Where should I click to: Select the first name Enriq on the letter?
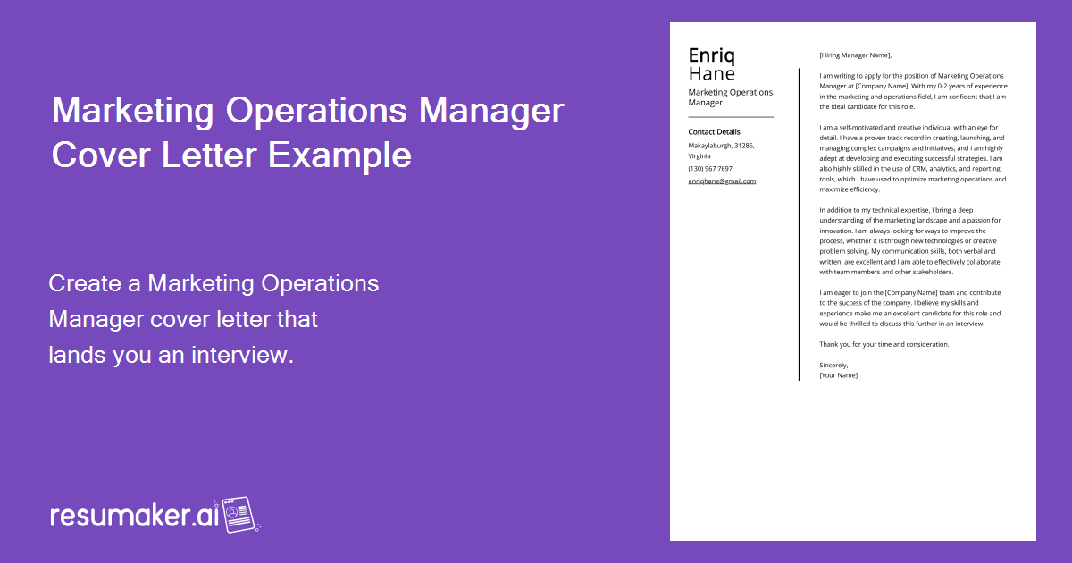coord(712,55)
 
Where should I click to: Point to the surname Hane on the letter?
coord(711,74)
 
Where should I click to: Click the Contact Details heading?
coord(714,132)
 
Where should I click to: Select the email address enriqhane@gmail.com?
coord(722,181)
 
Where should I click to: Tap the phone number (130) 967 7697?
coord(710,168)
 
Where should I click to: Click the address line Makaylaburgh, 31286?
coord(721,145)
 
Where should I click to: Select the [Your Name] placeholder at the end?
coord(838,375)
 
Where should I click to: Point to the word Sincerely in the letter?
coord(833,365)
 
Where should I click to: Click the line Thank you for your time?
coord(884,344)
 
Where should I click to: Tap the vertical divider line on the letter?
coord(799,223)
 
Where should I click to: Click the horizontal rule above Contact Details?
coord(731,117)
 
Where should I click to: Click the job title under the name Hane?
coord(730,97)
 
